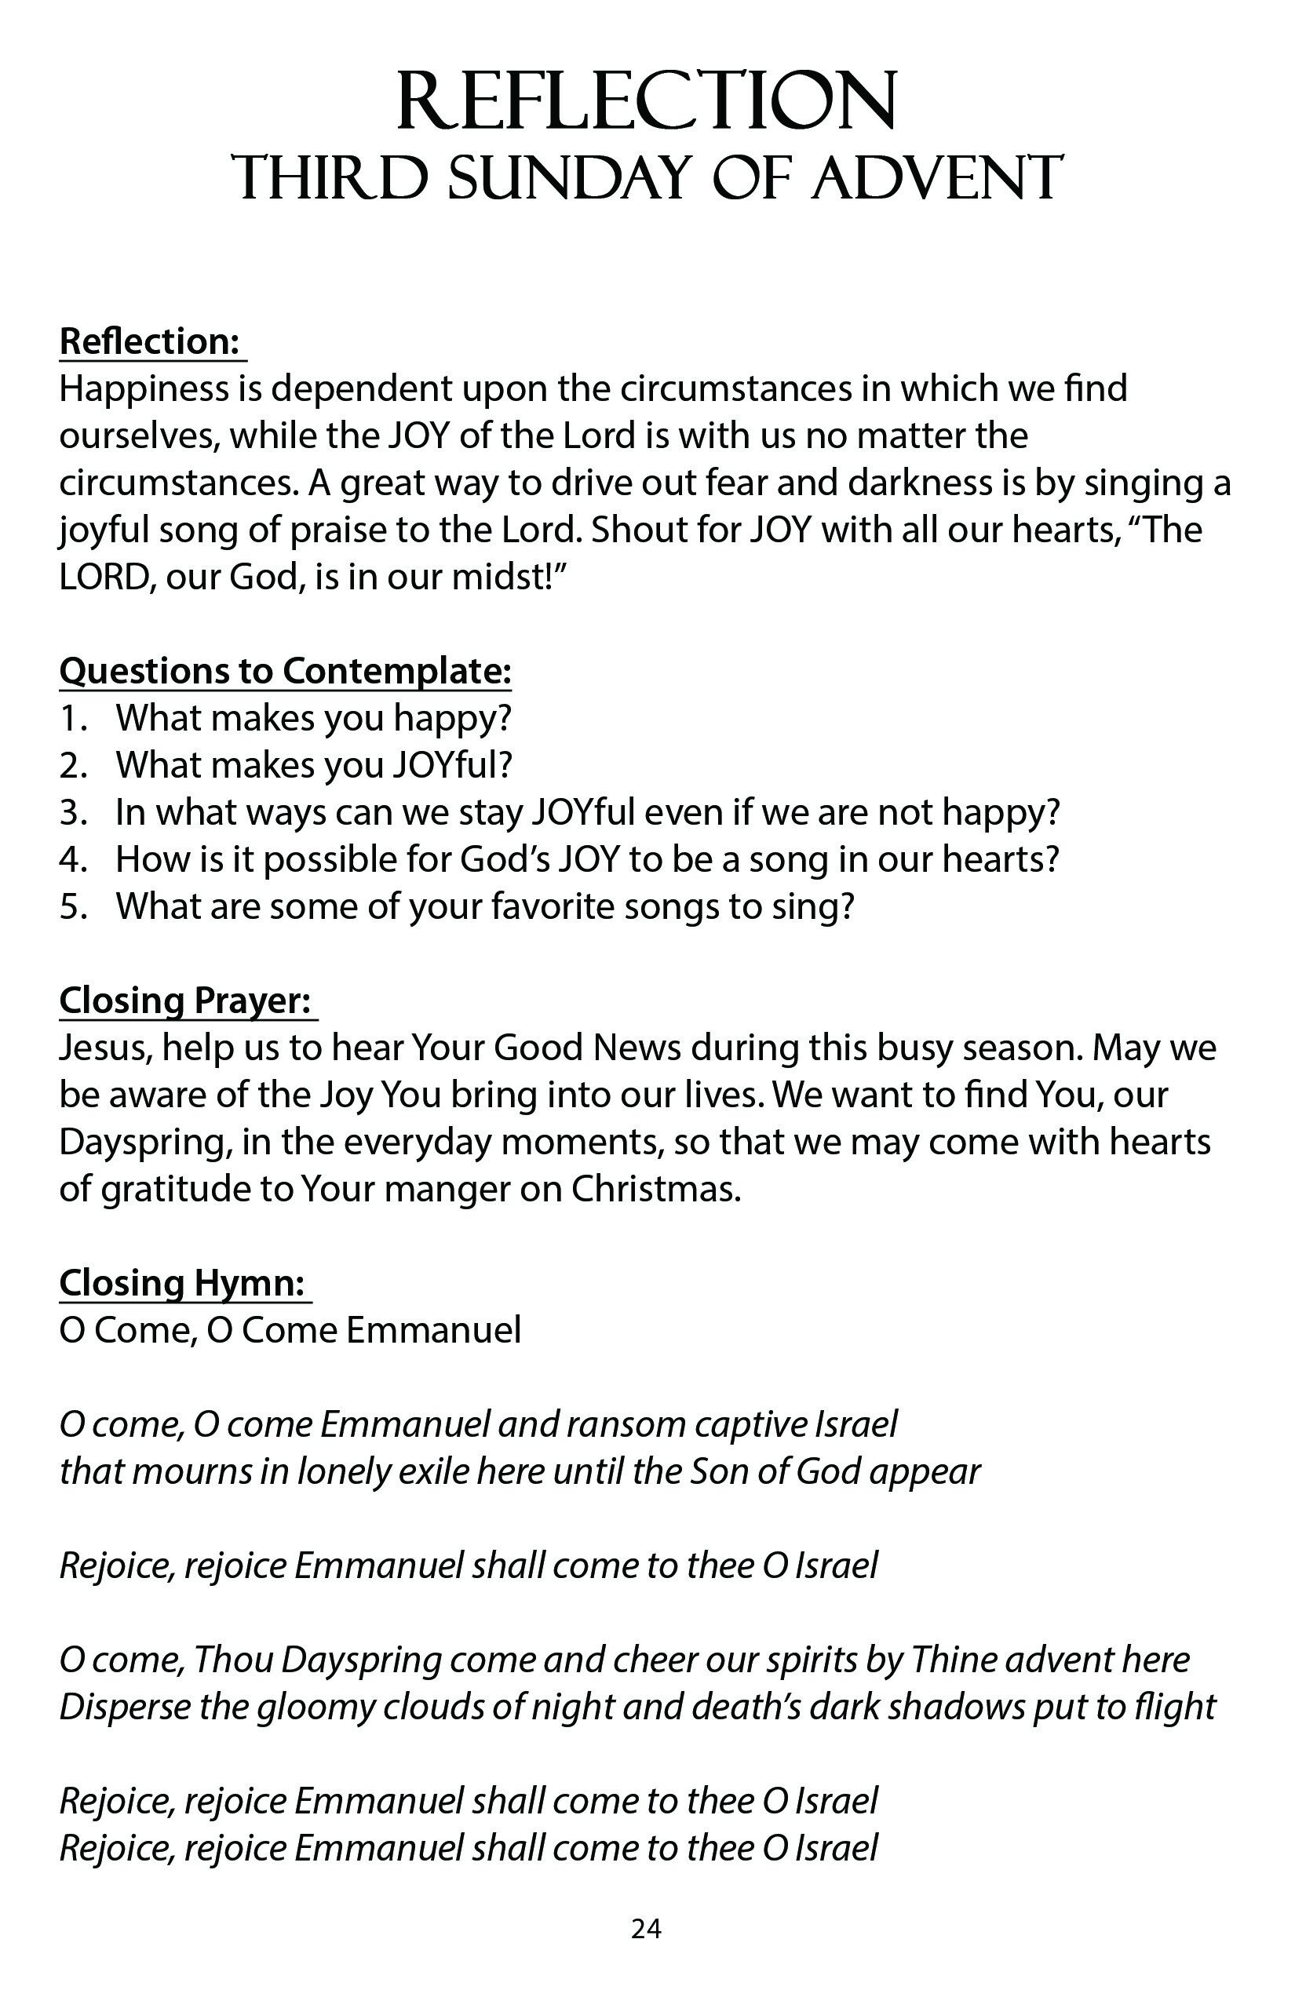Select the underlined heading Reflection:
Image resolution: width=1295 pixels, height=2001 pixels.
coord(150,341)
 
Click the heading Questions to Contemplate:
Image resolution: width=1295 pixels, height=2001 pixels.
coord(285,671)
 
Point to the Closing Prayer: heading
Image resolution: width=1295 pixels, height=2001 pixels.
coord(186,1000)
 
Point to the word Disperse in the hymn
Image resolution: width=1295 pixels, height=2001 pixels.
coord(119,1708)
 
